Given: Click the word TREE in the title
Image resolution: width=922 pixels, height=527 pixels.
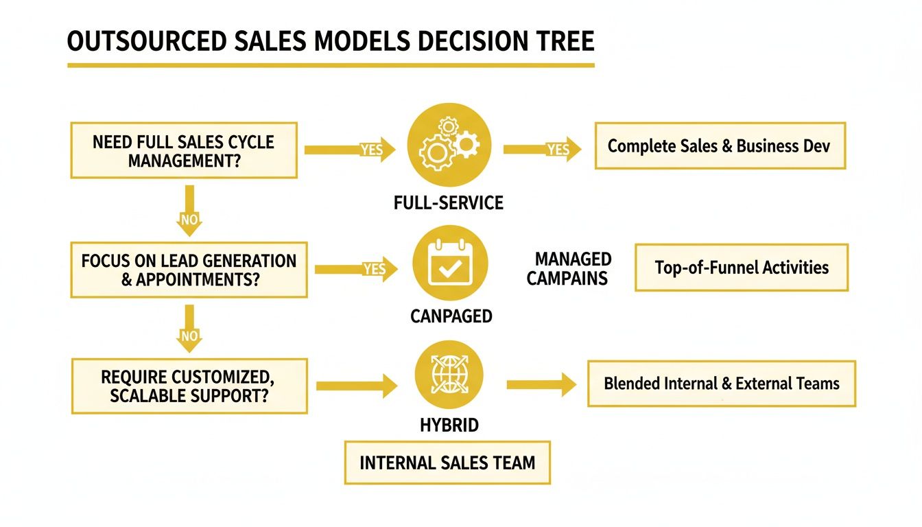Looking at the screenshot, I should pyautogui.click(x=558, y=42).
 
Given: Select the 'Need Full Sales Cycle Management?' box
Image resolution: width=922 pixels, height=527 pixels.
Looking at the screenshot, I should pyautogui.click(x=184, y=151).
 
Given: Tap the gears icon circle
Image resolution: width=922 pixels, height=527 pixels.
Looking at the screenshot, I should pyautogui.click(x=449, y=144).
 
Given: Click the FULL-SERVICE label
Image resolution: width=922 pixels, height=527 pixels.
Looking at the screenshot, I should pyautogui.click(x=449, y=203).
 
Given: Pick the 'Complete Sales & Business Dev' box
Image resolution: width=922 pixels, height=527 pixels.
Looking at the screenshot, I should pyautogui.click(x=720, y=145).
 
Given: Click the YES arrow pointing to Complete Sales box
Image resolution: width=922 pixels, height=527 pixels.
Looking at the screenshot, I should pyautogui.click(x=542, y=149).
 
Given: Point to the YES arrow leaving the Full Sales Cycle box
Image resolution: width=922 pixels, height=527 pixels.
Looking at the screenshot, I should pyautogui.click(x=350, y=149).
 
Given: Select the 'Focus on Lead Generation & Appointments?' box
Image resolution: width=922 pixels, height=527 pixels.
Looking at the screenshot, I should pyautogui.click(x=189, y=270).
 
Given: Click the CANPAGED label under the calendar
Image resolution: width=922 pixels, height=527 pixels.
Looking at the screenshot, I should pyautogui.click(x=451, y=316).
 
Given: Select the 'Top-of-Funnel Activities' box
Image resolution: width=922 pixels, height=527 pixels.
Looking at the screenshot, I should pyautogui.click(x=741, y=267).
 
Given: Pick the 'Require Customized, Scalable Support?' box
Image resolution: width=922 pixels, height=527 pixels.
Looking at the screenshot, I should pyautogui.click(x=189, y=386).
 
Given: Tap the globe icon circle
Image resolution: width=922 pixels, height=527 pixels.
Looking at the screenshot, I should pyautogui.click(x=449, y=375).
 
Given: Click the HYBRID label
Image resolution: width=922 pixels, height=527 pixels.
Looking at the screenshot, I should pyautogui.click(x=449, y=425).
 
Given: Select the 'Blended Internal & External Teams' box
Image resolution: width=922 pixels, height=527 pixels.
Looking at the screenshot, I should pyautogui.click(x=721, y=383).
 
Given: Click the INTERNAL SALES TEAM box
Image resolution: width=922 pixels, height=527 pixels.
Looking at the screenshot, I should pyautogui.click(x=447, y=462).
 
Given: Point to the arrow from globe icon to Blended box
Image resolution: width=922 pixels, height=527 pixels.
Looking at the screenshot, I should pyautogui.click(x=541, y=384).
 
